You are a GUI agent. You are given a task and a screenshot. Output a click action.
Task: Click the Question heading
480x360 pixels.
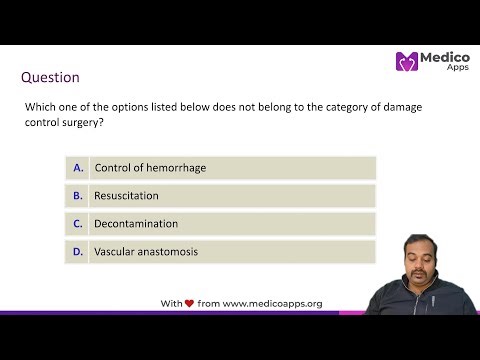[51, 77]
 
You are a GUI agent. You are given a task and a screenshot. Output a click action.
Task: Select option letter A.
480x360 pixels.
[78, 167]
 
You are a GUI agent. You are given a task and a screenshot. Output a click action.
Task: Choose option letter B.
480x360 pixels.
[78, 195]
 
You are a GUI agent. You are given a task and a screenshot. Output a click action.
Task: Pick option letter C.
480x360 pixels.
[78, 223]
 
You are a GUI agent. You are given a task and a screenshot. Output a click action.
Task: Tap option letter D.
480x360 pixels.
[78, 251]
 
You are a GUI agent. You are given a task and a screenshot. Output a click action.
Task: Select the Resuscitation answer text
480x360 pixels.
[126, 195]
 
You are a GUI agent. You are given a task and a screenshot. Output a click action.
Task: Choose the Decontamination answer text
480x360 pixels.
[136, 223]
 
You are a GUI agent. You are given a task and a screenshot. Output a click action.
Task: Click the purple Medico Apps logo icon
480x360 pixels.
[407, 62]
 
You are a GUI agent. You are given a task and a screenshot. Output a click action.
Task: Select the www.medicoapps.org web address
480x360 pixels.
[272, 303]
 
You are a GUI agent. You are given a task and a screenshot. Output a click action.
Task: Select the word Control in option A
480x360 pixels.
[113, 167]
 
